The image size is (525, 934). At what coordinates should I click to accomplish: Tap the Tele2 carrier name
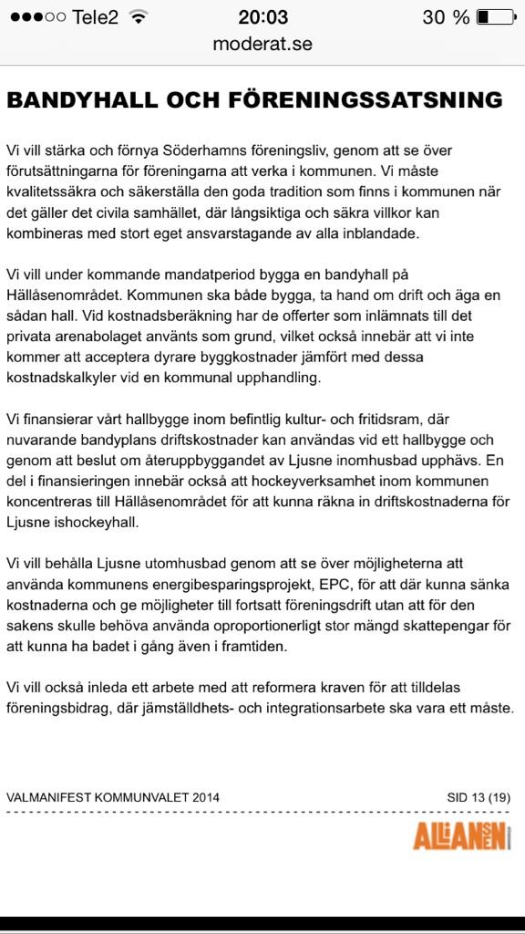(95, 17)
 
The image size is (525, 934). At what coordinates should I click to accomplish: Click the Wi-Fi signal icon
(139, 17)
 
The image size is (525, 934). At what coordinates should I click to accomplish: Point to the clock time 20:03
(262, 17)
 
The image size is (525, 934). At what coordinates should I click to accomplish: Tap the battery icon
(496, 17)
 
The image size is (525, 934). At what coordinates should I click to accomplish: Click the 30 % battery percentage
(447, 17)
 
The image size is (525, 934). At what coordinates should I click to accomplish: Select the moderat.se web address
(262, 43)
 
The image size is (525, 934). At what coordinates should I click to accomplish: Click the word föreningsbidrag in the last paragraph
(56, 708)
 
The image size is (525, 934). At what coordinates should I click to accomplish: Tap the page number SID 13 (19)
(478, 796)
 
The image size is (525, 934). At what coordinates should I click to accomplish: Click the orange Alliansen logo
(462, 834)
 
